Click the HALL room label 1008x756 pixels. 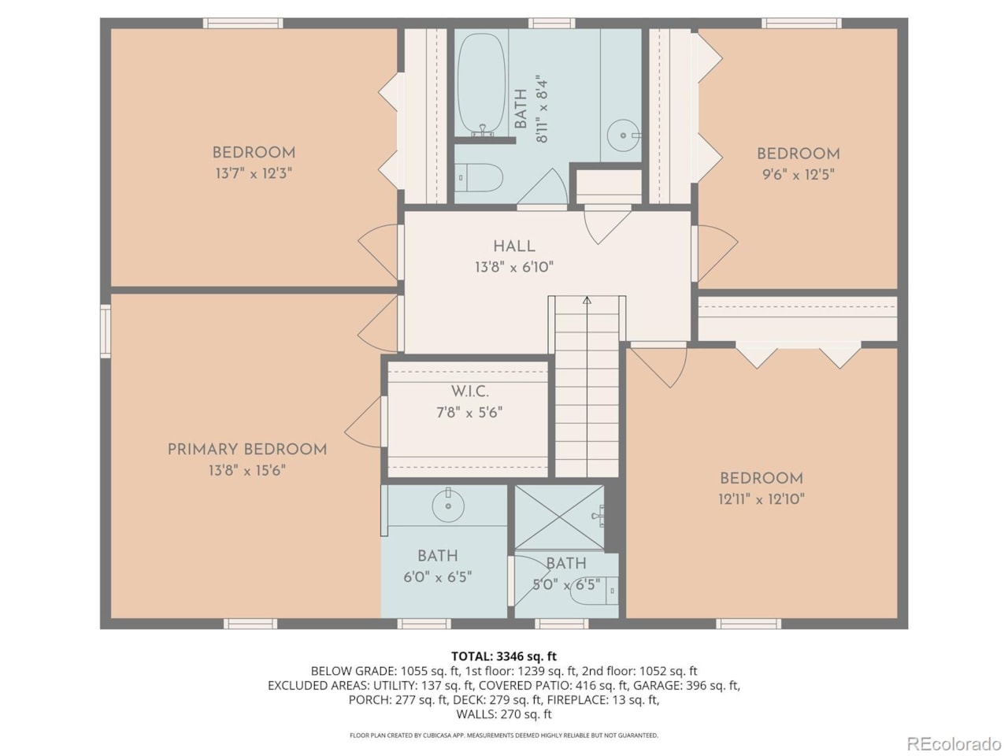(514, 246)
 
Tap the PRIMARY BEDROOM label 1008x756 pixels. (247, 450)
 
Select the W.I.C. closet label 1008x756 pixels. (470, 391)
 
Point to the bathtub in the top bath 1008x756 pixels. (481, 85)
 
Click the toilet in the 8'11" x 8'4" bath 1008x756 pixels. (480, 177)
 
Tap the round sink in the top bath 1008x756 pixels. (624, 135)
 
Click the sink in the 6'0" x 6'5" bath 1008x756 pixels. (448, 506)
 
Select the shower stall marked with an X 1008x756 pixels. (559, 517)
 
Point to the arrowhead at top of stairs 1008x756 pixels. (587, 301)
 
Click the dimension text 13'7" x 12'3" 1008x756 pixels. (254, 173)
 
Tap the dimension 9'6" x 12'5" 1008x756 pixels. (799, 174)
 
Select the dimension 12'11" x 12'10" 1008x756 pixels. (762, 499)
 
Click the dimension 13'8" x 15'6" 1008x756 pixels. (247, 470)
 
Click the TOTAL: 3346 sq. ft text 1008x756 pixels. (504, 657)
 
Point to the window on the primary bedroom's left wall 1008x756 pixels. (106, 331)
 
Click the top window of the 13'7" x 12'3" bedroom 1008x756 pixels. (243, 24)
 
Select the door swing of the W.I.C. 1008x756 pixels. (363, 421)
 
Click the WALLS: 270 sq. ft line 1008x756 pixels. (504, 714)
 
